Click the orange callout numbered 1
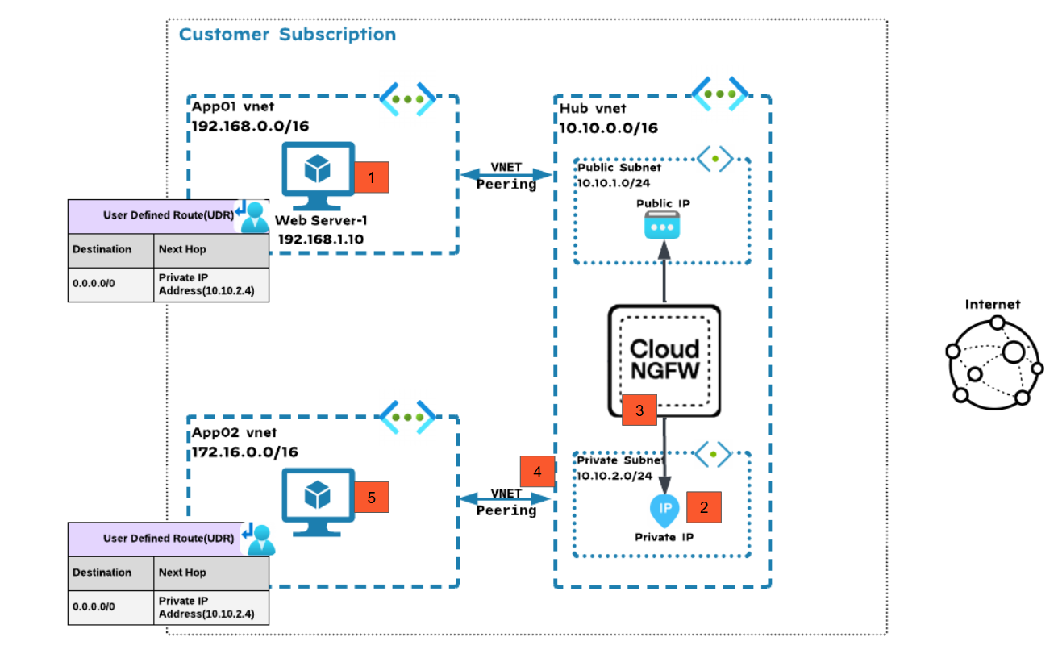pyautogui.click(x=372, y=177)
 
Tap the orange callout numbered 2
pyautogui.click(x=703, y=507)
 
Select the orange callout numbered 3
pyautogui.click(x=639, y=410)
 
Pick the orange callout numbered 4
pyautogui.click(x=538, y=471)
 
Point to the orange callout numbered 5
pyautogui.click(x=372, y=498)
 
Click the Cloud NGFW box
pyautogui.click(x=664, y=360)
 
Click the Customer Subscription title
pyautogui.click(x=287, y=35)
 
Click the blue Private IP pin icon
pyautogui.click(x=664, y=510)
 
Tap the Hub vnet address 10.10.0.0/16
pyautogui.click(x=609, y=127)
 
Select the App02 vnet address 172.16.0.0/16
pyautogui.click(x=244, y=452)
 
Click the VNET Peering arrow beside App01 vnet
pyautogui.click(x=506, y=175)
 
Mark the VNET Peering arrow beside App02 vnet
pyautogui.click(x=506, y=501)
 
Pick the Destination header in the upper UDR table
pyautogui.click(x=102, y=250)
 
